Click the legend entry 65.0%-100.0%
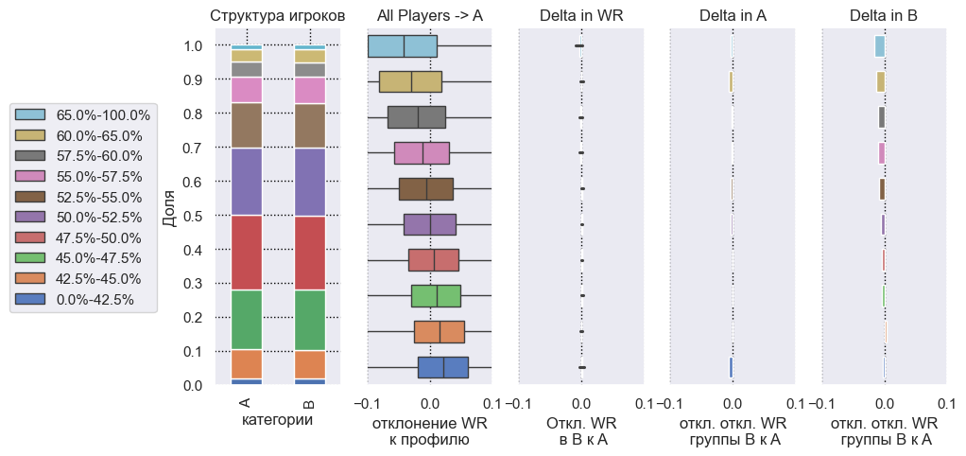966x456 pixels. (x=97, y=114)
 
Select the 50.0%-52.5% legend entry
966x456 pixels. (x=97, y=217)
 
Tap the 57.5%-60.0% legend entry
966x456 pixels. (x=97, y=155)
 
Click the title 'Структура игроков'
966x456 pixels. (x=277, y=15)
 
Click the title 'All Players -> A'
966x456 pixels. (x=429, y=15)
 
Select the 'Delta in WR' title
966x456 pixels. (x=581, y=15)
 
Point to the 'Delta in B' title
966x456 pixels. (x=884, y=15)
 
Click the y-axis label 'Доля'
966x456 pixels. (x=170, y=215)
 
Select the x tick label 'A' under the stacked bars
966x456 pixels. (x=246, y=404)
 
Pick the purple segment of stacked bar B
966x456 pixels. (x=310, y=183)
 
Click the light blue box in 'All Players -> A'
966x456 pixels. (x=402, y=46)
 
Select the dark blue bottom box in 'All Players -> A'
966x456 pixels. (x=442, y=367)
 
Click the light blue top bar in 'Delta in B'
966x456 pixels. (x=879, y=46)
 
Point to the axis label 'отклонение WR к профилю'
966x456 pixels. (x=429, y=431)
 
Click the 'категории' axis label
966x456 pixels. (x=278, y=419)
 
